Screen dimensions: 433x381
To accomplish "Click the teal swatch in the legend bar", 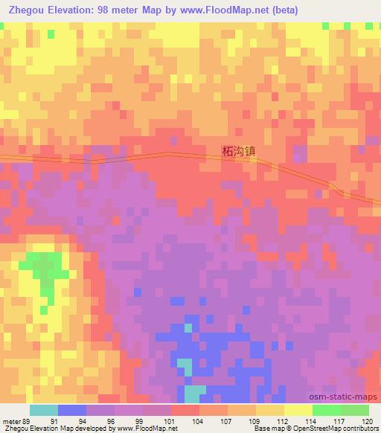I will (x=44, y=410).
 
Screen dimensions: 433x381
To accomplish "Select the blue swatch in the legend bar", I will (x=72, y=410).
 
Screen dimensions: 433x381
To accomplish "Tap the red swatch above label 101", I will (x=185, y=410).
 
